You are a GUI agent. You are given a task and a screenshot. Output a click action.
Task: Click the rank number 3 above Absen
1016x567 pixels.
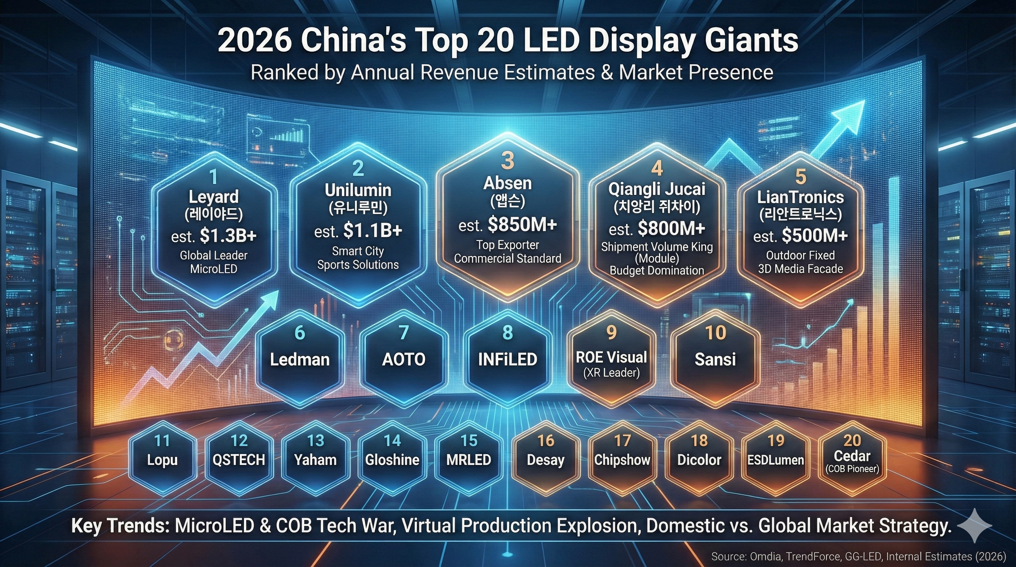508,161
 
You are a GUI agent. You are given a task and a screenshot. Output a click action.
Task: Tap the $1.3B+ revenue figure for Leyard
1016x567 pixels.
228,236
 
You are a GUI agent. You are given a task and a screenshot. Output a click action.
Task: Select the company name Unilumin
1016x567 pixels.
358,190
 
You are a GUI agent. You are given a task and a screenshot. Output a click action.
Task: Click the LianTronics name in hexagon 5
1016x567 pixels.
800,197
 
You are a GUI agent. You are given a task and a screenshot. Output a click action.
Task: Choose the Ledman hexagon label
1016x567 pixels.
300,360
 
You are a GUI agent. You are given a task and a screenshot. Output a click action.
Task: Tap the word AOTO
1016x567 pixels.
404,360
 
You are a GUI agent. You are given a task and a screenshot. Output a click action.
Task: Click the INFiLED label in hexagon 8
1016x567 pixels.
508,360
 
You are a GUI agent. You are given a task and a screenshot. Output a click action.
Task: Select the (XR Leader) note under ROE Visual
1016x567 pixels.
611,372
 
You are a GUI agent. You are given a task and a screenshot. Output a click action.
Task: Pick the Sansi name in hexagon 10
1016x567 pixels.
715,360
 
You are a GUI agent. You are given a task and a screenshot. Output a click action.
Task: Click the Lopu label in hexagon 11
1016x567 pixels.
162,460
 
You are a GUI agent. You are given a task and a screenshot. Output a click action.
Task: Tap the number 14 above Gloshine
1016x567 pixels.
392,441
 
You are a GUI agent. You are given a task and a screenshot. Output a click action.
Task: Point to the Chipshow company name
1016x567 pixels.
622,460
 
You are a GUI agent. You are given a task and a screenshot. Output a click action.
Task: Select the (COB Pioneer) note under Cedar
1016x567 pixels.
852,469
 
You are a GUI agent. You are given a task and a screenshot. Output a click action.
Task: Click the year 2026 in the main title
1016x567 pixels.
253,41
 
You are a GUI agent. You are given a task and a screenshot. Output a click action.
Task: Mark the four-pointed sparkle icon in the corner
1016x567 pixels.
974,526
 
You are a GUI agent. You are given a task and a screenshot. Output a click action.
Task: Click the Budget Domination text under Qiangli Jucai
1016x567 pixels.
657,271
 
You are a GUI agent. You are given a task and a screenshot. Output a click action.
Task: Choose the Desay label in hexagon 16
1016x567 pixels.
545,460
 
